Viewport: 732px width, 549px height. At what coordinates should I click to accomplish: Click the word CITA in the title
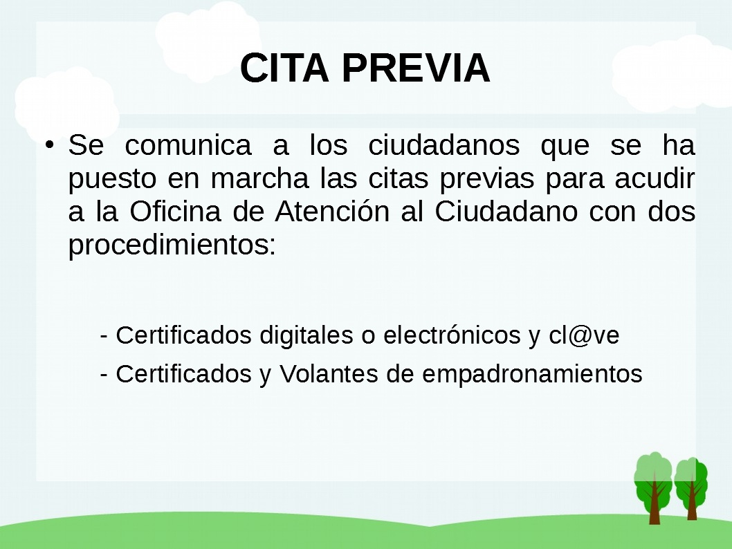(284, 68)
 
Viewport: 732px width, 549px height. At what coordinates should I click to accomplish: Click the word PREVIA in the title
(416, 68)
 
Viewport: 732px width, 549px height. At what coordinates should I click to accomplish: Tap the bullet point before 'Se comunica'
(50, 145)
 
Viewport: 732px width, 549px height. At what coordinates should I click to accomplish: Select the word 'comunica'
(188, 145)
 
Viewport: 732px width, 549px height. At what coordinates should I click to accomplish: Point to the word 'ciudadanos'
(444, 145)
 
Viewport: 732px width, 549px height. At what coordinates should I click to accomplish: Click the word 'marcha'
(259, 178)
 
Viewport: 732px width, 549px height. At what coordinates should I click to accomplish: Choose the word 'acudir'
(655, 178)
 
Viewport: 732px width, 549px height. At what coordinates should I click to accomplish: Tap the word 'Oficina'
(175, 212)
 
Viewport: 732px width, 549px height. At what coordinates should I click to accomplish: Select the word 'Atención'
(332, 212)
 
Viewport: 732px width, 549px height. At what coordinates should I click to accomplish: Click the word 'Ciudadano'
(506, 212)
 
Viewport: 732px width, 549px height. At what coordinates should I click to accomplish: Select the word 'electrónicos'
(452, 335)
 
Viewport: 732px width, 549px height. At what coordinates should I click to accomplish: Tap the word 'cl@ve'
(584, 335)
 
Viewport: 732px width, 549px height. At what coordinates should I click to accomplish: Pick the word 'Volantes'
(329, 373)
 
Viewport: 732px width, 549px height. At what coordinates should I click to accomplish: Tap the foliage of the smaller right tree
(691, 481)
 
